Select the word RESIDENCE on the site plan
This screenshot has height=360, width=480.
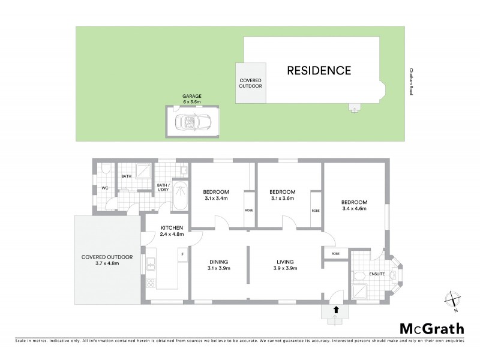pos(319,70)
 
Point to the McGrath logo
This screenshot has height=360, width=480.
pos(431,328)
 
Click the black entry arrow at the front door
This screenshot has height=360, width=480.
pos(336,310)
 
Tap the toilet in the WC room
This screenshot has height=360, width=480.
pos(104,171)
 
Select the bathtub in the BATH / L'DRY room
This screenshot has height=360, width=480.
pos(180,195)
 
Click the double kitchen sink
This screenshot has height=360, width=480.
pos(151,262)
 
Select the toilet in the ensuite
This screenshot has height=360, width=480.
pos(359,277)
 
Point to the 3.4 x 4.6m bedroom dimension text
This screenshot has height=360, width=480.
pos(354,209)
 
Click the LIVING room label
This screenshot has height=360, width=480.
pos(284,262)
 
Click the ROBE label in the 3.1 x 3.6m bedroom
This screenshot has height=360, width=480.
pos(315,211)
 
